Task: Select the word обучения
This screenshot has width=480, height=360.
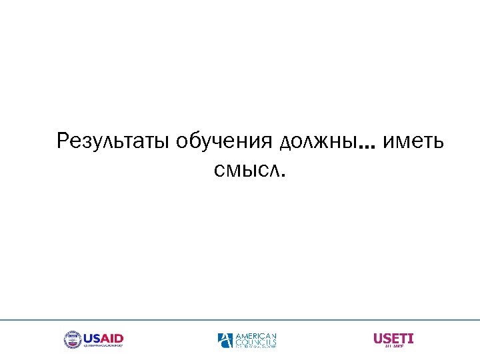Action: click(225, 141)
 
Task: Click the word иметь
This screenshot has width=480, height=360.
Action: click(412, 141)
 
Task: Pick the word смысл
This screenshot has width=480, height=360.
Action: click(247, 171)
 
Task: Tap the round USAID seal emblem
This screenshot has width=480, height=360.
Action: click(72, 339)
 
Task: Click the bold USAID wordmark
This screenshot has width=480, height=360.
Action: click(103, 337)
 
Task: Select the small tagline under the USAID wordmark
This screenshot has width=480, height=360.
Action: click(103, 347)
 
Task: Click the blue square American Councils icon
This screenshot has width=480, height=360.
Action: click(225, 340)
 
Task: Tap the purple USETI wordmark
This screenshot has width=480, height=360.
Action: click(393, 338)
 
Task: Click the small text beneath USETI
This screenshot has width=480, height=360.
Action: click(393, 347)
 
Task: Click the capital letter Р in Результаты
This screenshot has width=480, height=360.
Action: click(63, 141)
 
